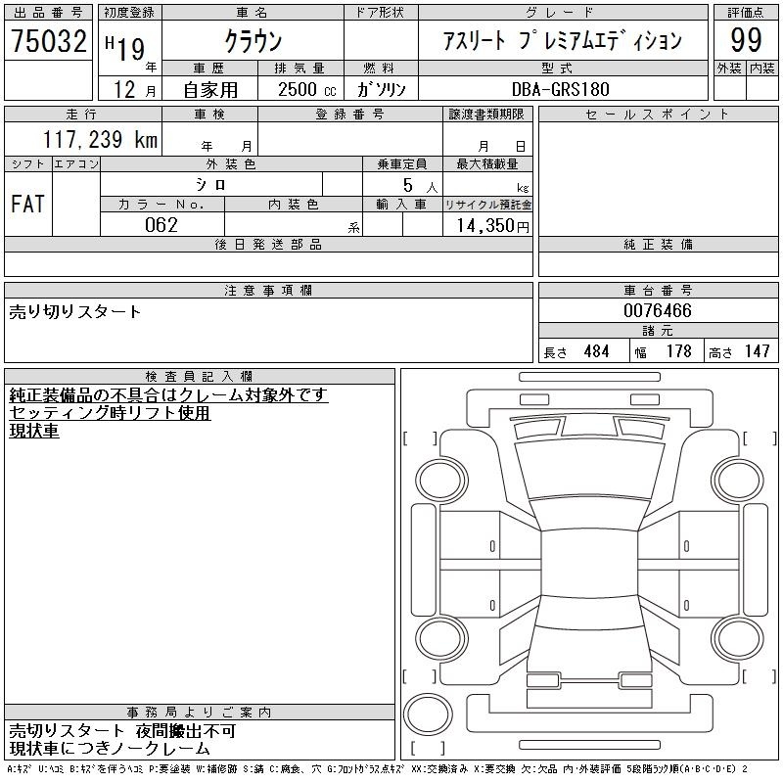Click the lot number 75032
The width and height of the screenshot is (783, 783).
[49, 41]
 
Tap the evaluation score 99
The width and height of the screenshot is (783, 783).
[746, 40]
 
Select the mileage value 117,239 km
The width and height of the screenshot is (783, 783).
[100, 139]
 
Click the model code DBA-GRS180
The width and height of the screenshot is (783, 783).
[561, 89]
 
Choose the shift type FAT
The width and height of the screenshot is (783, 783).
[28, 204]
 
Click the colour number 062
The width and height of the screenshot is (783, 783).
[161, 225]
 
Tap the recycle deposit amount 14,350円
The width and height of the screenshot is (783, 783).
[492, 226]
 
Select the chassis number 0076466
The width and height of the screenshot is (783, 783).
[658, 310]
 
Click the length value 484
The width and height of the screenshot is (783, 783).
[596, 351]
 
